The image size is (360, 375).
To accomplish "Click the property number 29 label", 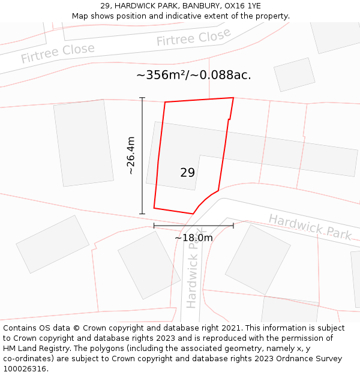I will click(x=187, y=173).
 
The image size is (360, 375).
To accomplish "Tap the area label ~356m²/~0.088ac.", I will click(x=193, y=75).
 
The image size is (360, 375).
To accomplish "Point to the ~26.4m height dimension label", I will click(x=131, y=155).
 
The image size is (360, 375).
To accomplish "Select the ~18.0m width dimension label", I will click(x=193, y=238).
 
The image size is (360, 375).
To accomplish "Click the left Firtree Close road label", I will click(x=58, y=53).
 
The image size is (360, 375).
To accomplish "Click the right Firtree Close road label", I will click(x=193, y=38).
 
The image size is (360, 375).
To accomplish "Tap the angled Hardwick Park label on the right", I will click(x=310, y=226).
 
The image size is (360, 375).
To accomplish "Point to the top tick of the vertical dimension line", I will click(x=142, y=97).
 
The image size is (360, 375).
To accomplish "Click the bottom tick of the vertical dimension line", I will click(x=142, y=214).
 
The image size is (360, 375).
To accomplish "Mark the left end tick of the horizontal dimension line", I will click(x=154, y=226).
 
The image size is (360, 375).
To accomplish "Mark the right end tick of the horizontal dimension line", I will click(x=233, y=226).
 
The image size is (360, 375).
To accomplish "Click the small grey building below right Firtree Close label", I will click(x=294, y=74).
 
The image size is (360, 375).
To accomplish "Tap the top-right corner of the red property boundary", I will click(x=233, y=98).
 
